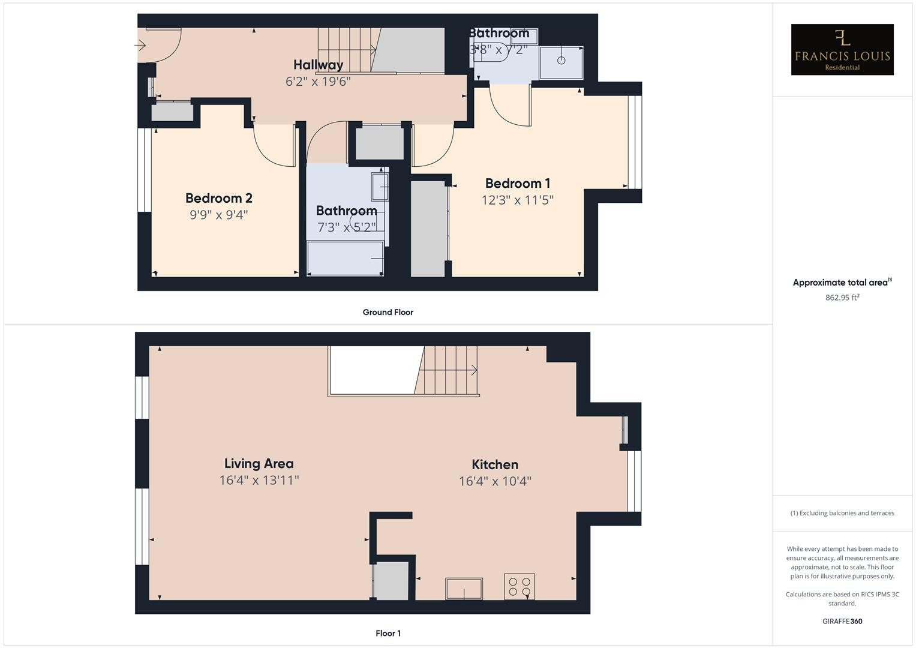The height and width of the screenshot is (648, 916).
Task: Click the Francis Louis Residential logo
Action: click(842, 50)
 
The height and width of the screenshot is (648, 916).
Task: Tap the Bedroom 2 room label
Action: click(218, 198)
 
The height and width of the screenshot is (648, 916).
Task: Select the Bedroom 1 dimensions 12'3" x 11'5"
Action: click(517, 200)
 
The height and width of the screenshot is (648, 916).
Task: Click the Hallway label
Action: click(318, 65)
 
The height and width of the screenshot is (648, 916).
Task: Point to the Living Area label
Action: click(259, 463)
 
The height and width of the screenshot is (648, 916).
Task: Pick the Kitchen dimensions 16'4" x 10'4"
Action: click(495, 481)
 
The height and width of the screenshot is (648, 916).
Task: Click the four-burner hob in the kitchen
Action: click(519, 586)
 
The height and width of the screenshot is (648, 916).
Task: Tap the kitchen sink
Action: click(464, 589)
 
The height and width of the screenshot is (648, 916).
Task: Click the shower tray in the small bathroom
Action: click(561, 62)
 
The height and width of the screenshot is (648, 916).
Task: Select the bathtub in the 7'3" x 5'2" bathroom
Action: click(345, 258)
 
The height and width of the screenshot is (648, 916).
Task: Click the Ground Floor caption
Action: click(388, 312)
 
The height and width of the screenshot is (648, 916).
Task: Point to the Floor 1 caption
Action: click(388, 633)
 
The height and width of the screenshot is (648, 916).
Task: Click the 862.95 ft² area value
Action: click(842, 298)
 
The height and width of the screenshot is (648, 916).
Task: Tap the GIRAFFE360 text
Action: click(842, 622)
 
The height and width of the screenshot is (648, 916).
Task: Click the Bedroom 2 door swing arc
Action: click(273, 147)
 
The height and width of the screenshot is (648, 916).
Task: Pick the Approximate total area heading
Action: click(842, 283)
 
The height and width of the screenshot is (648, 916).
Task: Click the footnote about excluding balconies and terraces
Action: click(842, 513)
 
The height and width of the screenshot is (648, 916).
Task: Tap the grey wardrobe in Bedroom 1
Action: click(428, 228)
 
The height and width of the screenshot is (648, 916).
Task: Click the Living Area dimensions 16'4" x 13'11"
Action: click(259, 480)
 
